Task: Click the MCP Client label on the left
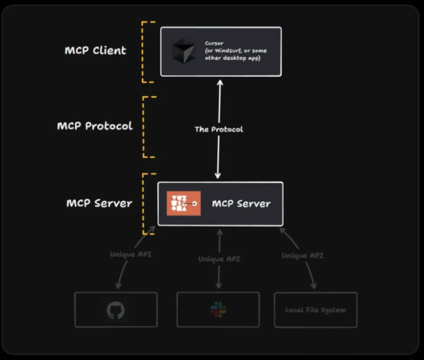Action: [x=95, y=51]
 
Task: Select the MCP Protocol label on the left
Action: [x=94, y=126]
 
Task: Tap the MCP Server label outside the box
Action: [x=99, y=203]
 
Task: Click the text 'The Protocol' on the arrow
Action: [x=218, y=129]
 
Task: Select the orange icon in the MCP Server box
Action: [x=183, y=203]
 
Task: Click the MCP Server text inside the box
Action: [x=241, y=203]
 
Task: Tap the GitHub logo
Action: [x=116, y=310]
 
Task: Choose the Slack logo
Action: [x=218, y=310]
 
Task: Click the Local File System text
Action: [x=315, y=310]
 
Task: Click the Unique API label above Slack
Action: [x=219, y=259]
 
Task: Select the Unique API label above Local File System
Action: [x=302, y=256]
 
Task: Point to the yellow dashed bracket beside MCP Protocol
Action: [x=146, y=127]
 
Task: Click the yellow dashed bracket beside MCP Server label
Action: [x=146, y=203]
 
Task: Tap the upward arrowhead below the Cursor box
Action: [x=220, y=82]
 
